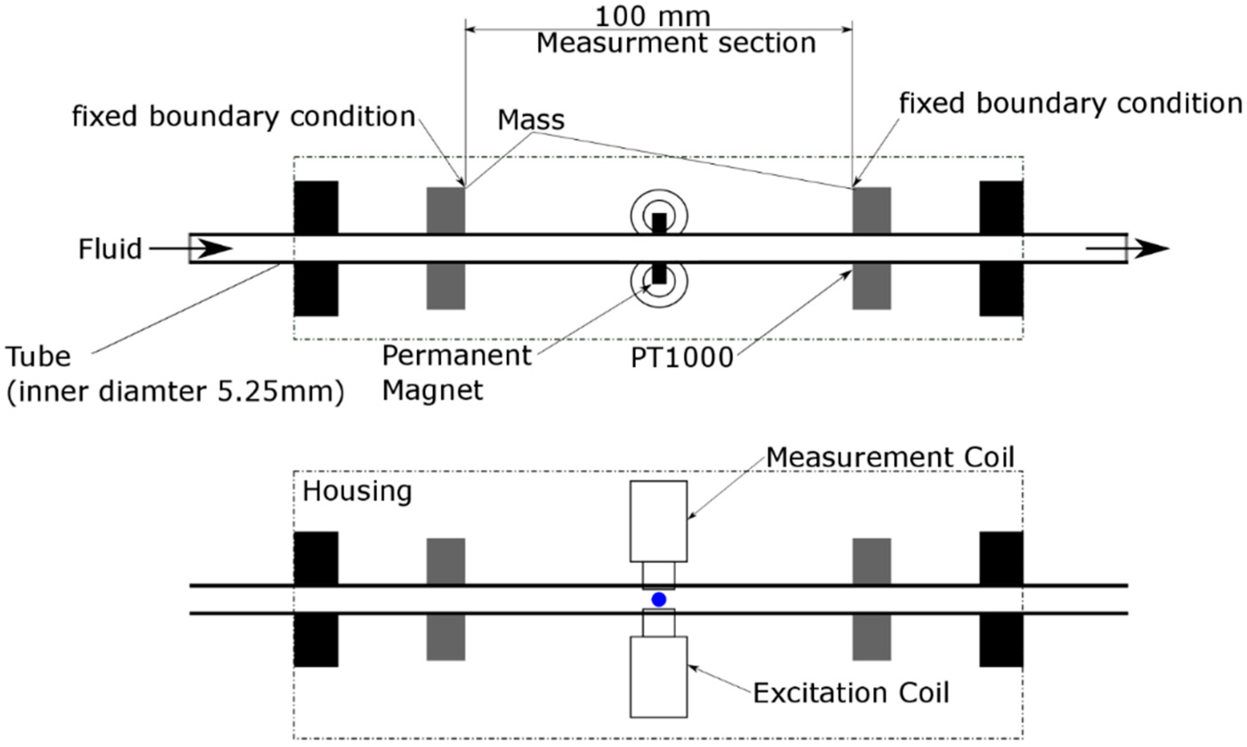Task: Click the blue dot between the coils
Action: click(659, 599)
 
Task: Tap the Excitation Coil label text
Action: click(851, 693)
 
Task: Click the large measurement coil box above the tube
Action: click(659, 521)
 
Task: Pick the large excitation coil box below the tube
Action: click(659, 677)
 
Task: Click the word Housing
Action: click(357, 491)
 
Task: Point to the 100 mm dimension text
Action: click(652, 16)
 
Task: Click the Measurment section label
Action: click(676, 43)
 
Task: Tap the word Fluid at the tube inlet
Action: click(110, 249)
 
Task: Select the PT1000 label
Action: click(682, 358)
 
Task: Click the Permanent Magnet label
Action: click(456, 373)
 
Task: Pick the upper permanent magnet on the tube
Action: click(659, 223)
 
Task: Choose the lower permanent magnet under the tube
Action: click(659, 273)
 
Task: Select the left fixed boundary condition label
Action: click(244, 117)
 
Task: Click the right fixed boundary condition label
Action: click(1070, 104)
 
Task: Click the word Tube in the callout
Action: click(38, 357)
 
